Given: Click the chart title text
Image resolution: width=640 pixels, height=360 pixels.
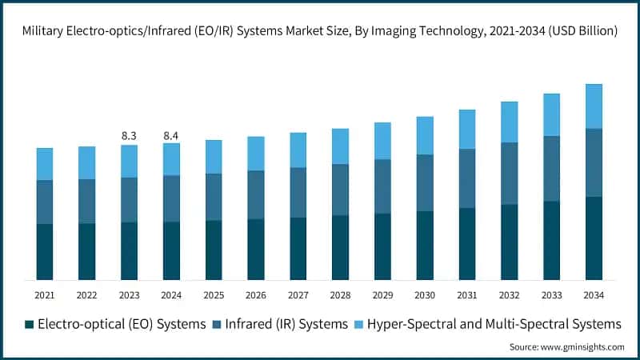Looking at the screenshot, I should click(x=320, y=31).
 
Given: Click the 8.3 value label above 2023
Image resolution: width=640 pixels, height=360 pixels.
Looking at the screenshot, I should click(x=129, y=136).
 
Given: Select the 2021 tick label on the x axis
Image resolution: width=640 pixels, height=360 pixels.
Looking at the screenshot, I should click(x=45, y=295).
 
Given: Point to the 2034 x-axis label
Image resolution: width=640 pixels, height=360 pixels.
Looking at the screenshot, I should click(x=593, y=295).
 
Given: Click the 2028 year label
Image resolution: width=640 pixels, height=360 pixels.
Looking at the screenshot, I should click(x=340, y=295).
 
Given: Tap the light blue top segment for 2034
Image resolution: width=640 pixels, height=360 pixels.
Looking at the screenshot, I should click(x=594, y=106).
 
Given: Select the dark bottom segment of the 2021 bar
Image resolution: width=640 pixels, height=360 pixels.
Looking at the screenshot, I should click(x=45, y=251).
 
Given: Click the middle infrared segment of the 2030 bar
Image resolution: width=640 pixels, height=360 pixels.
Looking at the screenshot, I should click(x=425, y=182).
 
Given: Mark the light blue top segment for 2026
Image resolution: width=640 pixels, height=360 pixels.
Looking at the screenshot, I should click(x=256, y=153).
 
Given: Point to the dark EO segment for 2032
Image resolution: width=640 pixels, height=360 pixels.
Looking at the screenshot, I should click(x=510, y=242).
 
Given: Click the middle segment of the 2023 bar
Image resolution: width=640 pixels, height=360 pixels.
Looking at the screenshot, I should click(x=129, y=199).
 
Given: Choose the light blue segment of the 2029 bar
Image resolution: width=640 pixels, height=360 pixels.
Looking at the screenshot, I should click(x=382, y=141).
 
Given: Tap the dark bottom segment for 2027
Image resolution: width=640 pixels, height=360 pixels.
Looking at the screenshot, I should click(x=298, y=248).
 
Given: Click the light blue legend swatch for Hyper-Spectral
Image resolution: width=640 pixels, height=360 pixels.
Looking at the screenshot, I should click(x=360, y=325).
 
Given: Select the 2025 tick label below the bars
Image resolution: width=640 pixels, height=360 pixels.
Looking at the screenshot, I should click(x=214, y=295).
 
